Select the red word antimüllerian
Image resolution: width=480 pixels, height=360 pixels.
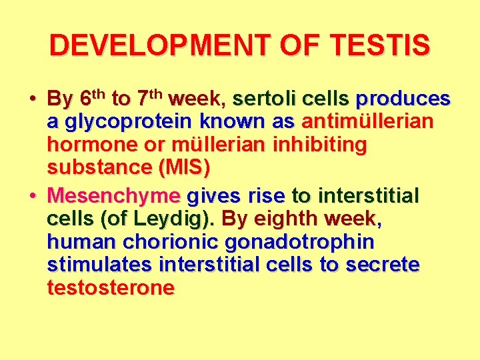point(367,122)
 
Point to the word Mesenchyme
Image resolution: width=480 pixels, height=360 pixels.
point(114,197)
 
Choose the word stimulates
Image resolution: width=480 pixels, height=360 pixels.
point(100,265)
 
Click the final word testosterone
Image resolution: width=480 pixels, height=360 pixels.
point(111,287)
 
